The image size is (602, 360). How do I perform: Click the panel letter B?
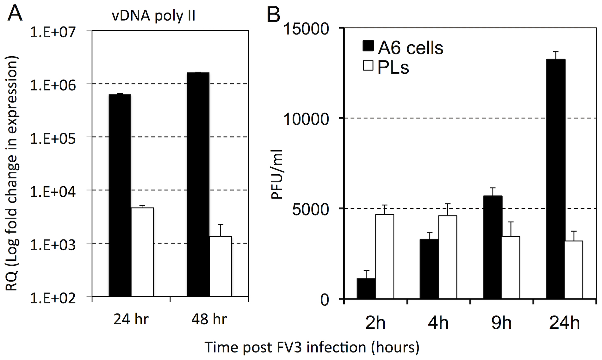273,14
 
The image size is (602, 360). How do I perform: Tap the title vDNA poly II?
153,16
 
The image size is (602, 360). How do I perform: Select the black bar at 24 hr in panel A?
120,195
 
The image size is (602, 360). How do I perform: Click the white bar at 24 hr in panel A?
142,252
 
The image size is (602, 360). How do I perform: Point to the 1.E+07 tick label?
53,32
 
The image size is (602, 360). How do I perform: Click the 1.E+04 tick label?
53,192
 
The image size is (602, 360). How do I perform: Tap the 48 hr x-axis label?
209,320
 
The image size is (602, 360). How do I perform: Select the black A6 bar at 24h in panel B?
555,179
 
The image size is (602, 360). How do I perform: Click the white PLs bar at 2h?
385,256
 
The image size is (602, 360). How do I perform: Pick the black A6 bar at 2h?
366,288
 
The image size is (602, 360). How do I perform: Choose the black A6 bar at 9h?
493,247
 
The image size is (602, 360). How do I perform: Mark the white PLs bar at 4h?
448,257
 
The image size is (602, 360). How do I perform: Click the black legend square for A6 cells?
368,47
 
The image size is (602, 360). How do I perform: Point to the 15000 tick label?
307,29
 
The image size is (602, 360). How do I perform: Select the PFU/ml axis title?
277,174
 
